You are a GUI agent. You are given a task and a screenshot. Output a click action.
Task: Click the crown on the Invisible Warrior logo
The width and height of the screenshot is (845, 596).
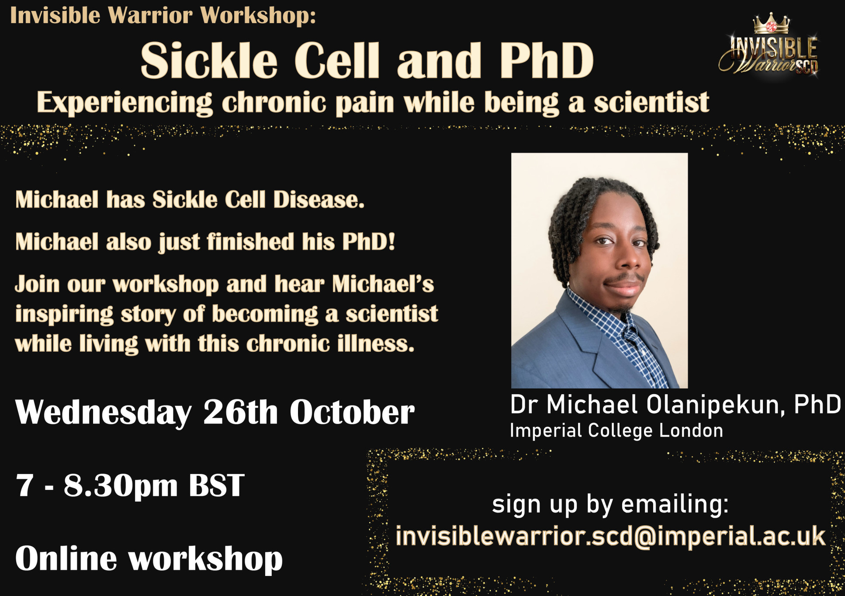[x=771, y=24]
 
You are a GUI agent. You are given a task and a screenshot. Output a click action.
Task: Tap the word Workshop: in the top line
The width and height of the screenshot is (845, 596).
[x=258, y=16]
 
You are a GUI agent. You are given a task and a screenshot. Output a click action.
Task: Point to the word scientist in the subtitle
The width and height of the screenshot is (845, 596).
[x=651, y=103]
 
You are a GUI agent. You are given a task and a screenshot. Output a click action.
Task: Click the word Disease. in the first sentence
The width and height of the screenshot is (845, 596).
[x=319, y=200]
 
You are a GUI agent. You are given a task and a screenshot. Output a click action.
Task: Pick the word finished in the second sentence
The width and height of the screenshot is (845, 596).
[x=250, y=242]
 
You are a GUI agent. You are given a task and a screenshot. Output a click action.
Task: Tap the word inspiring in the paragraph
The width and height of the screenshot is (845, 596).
[x=64, y=315]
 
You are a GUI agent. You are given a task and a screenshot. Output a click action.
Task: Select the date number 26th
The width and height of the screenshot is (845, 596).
[x=241, y=412]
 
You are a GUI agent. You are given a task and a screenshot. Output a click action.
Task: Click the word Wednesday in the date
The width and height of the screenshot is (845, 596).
[x=103, y=412]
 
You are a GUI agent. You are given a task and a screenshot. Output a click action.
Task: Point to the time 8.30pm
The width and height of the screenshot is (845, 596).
[x=121, y=486]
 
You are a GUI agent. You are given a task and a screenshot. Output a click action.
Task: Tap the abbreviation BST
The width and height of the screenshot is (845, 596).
[x=216, y=485]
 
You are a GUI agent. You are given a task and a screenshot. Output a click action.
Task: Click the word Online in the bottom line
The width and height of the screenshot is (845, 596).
[x=66, y=558]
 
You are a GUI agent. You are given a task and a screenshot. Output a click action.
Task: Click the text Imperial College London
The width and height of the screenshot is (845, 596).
[x=616, y=431]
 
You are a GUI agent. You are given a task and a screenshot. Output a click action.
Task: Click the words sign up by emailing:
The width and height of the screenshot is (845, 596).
[x=610, y=505]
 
